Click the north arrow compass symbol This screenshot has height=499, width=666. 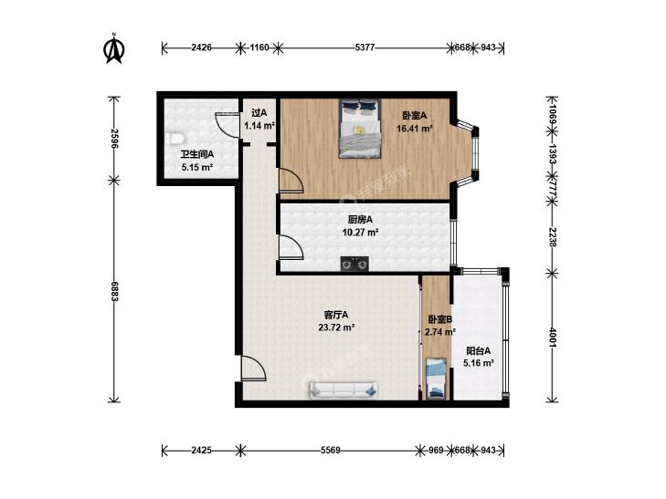(x=114, y=48)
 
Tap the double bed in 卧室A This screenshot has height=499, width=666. (x=359, y=129)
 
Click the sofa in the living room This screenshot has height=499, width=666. (x=344, y=390)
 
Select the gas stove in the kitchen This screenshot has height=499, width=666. (x=354, y=264)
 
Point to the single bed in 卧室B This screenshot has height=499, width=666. (x=436, y=379)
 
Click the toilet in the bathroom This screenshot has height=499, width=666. (x=174, y=140)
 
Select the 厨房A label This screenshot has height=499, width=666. (x=360, y=219)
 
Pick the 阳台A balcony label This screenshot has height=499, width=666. (x=479, y=351)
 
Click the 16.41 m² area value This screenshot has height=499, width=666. (x=415, y=128)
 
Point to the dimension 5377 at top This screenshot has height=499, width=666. (x=365, y=47)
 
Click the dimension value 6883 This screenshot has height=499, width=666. (x=114, y=291)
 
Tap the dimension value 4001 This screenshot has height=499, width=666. (x=553, y=337)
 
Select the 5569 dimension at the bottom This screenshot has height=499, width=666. (x=330, y=450)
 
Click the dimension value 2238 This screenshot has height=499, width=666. (x=553, y=237)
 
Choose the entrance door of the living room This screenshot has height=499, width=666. (x=254, y=369)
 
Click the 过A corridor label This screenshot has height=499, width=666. (x=259, y=113)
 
